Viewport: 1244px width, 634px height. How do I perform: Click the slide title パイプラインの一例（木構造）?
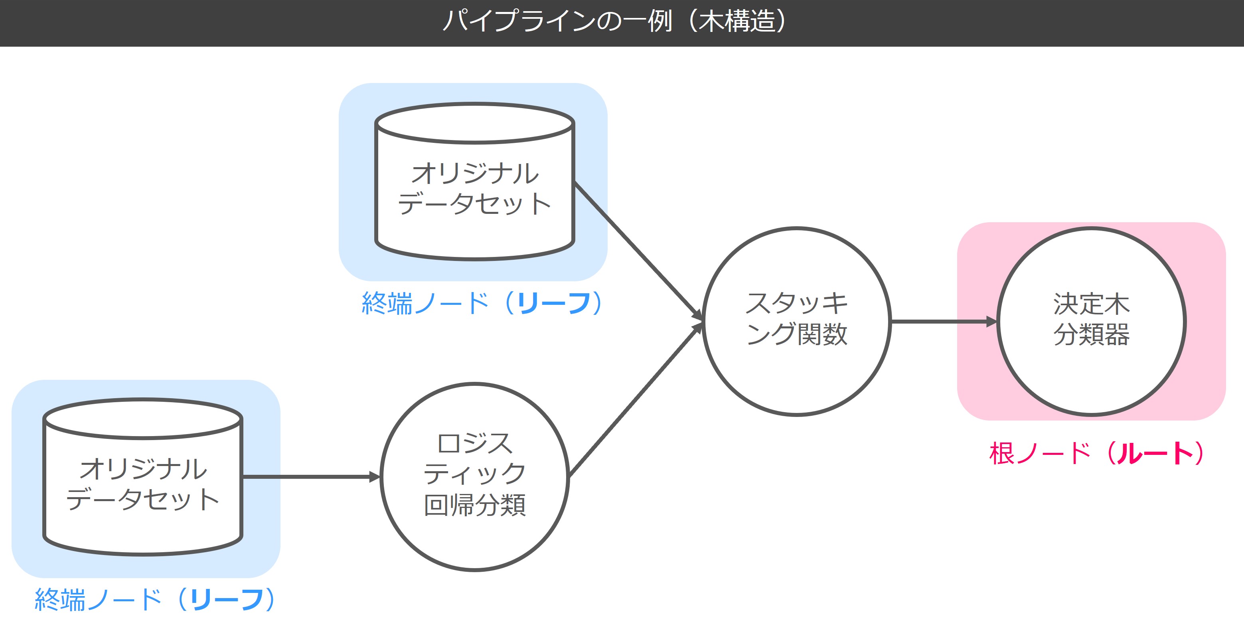pyautogui.click(x=616, y=22)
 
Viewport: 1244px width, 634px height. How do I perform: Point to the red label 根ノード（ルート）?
pyautogui.click(x=1096, y=454)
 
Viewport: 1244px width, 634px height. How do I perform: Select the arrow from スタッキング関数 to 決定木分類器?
pyautogui.click(x=942, y=321)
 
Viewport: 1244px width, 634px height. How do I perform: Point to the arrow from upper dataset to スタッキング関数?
pyautogui.click(x=638, y=251)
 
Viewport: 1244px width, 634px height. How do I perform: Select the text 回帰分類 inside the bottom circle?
pyautogui.click(x=475, y=505)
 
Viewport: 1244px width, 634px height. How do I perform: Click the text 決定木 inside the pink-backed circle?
pyautogui.click(x=1092, y=304)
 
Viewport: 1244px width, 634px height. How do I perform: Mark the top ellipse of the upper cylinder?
pyautogui.click(x=475, y=123)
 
